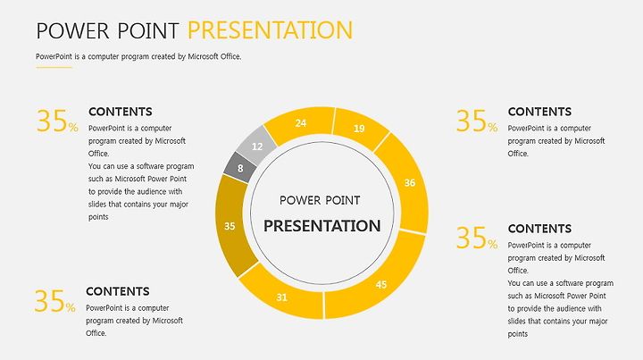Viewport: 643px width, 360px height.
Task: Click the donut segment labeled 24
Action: (301, 123)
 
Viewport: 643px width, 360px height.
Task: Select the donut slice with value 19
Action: (359, 128)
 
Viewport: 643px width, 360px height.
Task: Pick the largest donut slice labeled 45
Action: (380, 283)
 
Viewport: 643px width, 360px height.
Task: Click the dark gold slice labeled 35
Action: (230, 226)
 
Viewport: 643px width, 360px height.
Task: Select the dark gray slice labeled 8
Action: (240, 168)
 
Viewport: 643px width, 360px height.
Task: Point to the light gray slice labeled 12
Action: (256, 146)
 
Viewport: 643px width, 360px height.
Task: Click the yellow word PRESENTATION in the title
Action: (271, 30)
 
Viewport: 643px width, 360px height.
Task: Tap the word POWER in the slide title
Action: (73, 30)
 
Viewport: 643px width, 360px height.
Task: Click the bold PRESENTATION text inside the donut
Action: (321, 226)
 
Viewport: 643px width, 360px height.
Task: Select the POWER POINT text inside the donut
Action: (320, 200)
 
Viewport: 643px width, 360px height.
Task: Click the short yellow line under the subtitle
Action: (54, 67)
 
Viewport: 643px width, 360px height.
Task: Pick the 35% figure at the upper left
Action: (57, 121)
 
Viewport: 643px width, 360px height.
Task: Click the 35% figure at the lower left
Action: (55, 300)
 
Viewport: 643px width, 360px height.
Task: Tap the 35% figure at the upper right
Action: (477, 121)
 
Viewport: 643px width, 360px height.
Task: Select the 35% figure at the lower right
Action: (477, 238)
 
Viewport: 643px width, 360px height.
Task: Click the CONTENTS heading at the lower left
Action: (118, 291)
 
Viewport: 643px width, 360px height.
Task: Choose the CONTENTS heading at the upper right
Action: (539, 112)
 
